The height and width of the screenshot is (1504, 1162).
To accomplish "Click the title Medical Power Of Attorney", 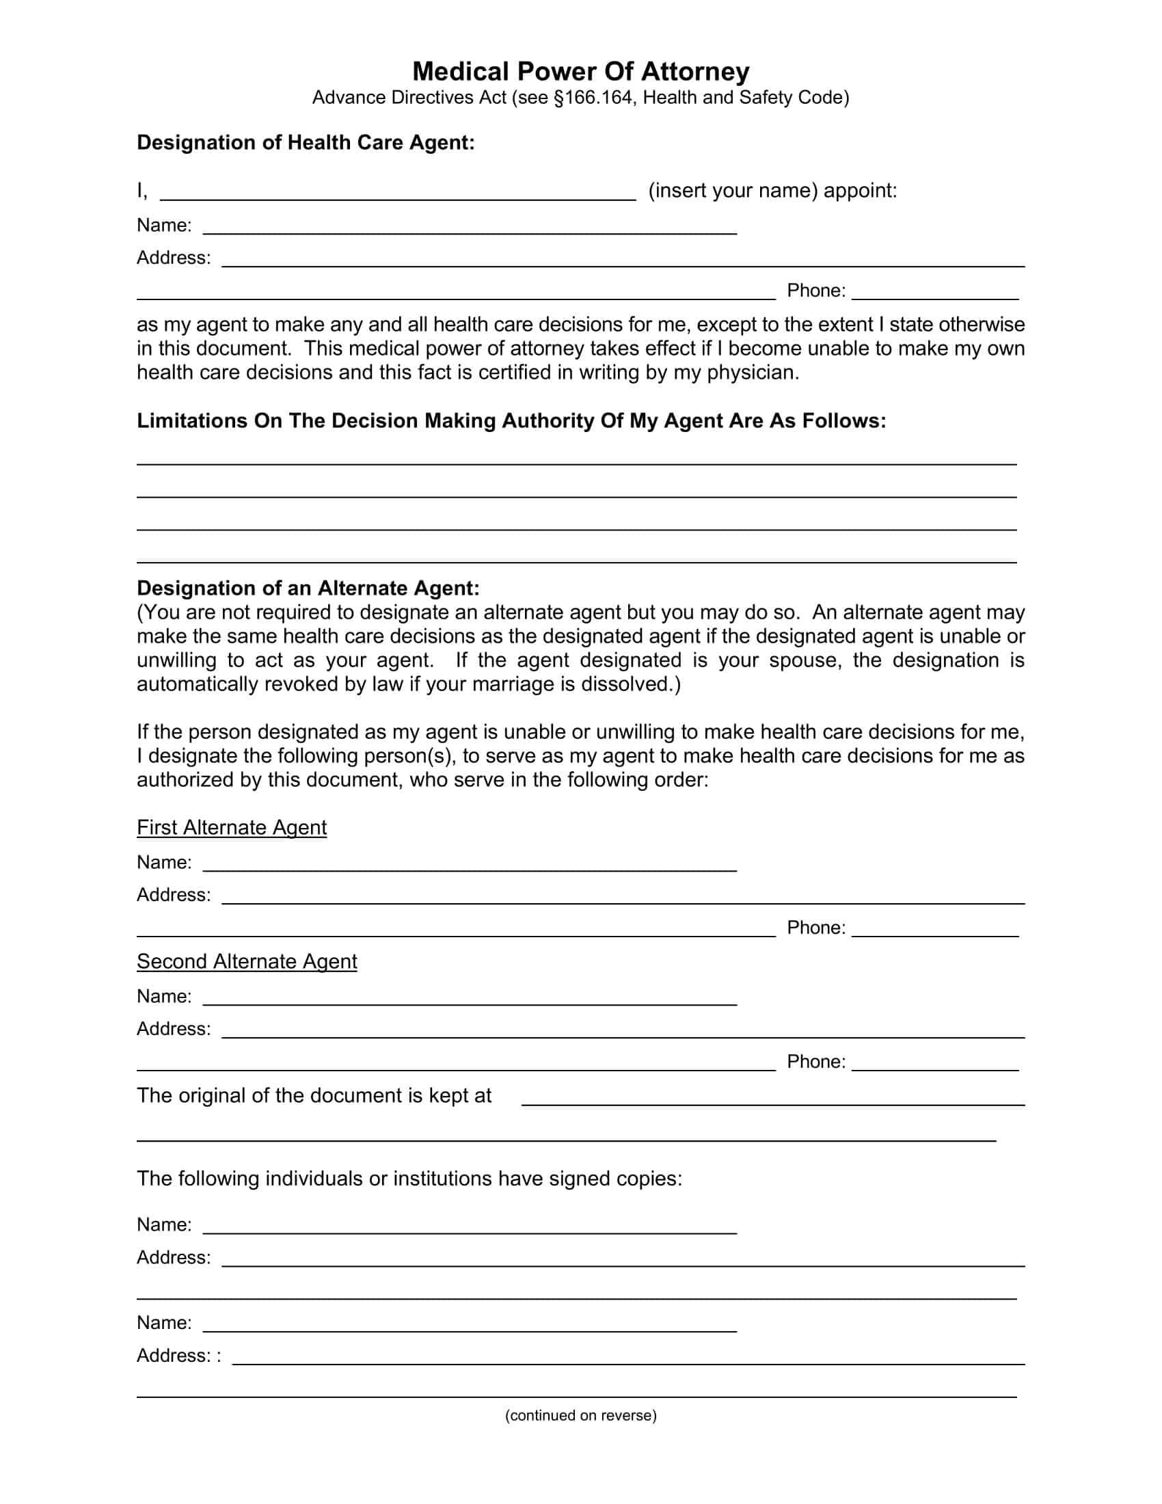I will tap(580, 72).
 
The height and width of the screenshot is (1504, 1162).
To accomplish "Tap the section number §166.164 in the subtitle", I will tap(593, 98).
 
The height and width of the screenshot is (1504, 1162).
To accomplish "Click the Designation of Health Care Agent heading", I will tap(306, 143).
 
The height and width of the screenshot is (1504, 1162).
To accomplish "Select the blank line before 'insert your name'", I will tap(398, 193).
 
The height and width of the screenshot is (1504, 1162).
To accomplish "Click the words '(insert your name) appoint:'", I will tap(772, 191).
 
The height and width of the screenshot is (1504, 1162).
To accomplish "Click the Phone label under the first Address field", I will tap(815, 291).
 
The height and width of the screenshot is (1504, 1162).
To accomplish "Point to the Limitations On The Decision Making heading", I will tap(511, 420).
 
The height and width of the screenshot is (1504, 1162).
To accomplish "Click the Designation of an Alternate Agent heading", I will tap(308, 588).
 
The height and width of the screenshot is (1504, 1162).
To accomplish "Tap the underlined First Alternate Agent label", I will tap(231, 827).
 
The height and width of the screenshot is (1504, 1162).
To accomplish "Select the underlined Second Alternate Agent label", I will tap(247, 961).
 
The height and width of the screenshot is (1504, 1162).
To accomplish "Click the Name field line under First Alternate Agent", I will tap(470, 865).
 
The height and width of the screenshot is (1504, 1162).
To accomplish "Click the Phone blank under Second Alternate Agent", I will tap(935, 1064).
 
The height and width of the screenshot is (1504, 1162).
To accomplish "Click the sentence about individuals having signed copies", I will tap(409, 1179).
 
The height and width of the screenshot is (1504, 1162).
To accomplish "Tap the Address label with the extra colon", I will tap(178, 1355).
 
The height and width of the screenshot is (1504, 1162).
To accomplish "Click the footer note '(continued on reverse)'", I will tap(580, 1415).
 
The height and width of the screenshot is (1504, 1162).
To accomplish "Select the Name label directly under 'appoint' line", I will tap(164, 225).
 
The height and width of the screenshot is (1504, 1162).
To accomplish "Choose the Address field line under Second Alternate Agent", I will tap(622, 1032).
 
